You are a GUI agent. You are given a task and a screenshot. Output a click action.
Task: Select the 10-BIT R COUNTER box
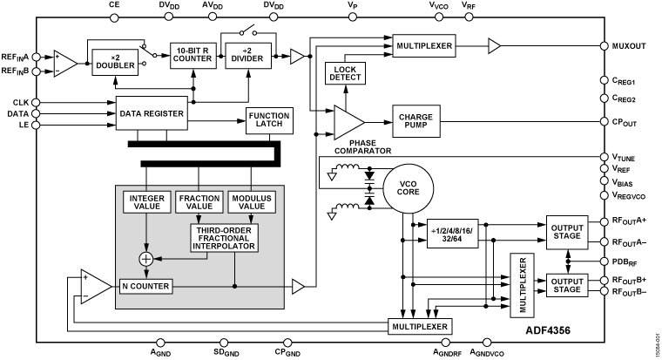click(x=193, y=55)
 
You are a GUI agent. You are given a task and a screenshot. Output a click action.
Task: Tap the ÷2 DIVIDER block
click(x=248, y=55)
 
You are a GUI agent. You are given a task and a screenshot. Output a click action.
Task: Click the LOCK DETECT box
click(x=346, y=73)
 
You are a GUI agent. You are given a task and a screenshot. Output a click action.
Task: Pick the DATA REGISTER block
click(x=152, y=112)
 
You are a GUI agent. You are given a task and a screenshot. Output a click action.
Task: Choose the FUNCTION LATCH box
click(x=269, y=120)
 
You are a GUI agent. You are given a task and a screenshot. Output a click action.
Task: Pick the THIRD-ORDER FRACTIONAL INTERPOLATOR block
click(x=225, y=238)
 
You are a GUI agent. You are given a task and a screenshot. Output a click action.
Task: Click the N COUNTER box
click(x=146, y=286)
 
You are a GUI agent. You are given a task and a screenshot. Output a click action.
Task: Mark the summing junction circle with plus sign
click(x=146, y=258)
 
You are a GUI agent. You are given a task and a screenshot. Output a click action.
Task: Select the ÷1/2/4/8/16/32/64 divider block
click(x=452, y=234)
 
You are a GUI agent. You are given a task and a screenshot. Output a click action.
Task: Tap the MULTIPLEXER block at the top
click(x=424, y=45)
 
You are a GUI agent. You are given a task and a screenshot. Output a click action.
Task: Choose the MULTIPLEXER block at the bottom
click(x=420, y=326)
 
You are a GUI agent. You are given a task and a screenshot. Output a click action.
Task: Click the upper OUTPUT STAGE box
click(x=567, y=233)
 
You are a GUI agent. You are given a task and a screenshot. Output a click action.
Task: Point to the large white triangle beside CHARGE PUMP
click(x=348, y=122)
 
